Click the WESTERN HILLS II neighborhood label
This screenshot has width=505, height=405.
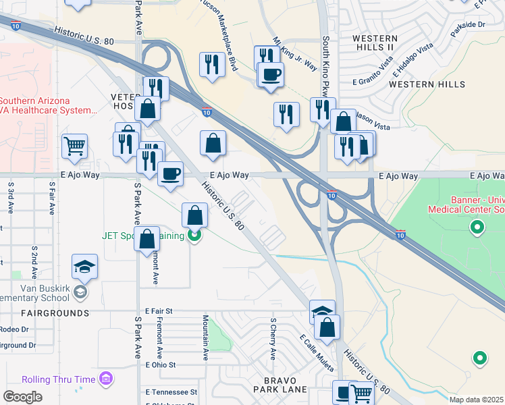tap(373, 42)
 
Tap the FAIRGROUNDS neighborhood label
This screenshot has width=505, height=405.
tap(55, 313)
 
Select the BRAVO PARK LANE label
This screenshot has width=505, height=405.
tap(280, 385)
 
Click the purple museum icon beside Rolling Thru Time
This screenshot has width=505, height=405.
tap(106, 379)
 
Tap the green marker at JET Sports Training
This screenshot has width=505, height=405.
tap(194, 236)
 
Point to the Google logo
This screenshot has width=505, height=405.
tap(22, 397)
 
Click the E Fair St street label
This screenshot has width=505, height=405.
tap(159, 310)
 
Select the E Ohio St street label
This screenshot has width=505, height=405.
tap(161, 364)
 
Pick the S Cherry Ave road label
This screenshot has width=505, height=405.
tap(273, 338)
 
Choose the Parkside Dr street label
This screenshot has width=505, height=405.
tap(467, 25)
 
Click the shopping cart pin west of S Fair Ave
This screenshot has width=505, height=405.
tap(74, 144)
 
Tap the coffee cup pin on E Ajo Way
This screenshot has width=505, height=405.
tap(170, 173)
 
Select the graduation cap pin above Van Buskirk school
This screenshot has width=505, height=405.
tap(85, 267)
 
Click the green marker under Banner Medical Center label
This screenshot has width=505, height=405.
tap(478, 227)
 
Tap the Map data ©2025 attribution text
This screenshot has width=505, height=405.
tap(476, 400)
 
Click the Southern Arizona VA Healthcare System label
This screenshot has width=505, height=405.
tap(47, 105)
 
